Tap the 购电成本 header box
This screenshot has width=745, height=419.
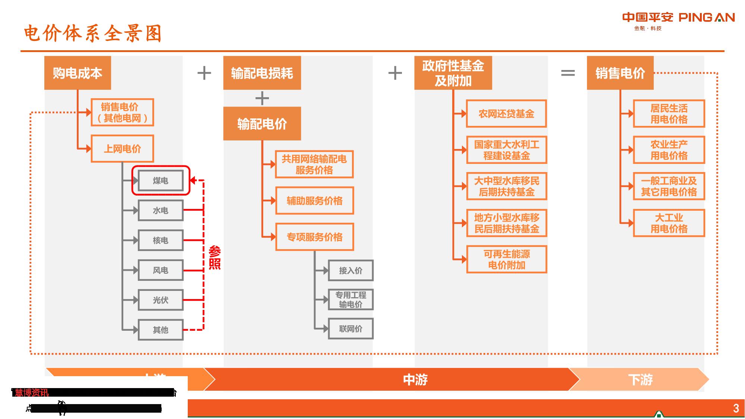tap(77, 73)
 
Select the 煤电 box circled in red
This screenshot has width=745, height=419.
tap(161, 181)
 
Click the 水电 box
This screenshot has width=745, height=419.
tap(161, 210)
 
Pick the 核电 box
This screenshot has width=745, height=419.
tap(161, 240)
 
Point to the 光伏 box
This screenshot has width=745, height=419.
tap(161, 300)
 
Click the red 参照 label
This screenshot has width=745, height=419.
tap(215, 257)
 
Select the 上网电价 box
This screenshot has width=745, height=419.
tap(122, 149)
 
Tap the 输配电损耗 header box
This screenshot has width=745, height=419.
tap(262, 73)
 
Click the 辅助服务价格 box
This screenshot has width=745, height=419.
tap(314, 201)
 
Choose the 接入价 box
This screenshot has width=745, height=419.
tap(351, 270)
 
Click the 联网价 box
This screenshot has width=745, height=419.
tap(351, 328)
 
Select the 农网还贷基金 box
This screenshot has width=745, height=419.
tap(506, 114)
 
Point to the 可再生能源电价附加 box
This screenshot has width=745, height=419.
tap(506, 259)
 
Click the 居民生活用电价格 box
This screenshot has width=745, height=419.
tap(669, 114)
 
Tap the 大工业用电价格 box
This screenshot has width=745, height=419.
tap(669, 223)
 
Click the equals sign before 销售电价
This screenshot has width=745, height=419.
tap(568, 73)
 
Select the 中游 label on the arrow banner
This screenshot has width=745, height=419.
tap(415, 380)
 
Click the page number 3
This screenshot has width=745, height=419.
tap(736, 408)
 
